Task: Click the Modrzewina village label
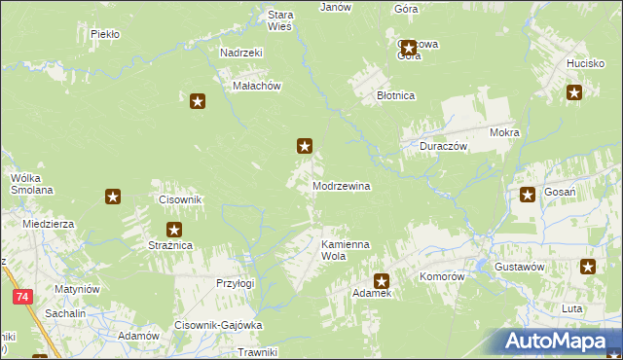pyautogui.click(x=341, y=185)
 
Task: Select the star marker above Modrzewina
pyautogui.click(x=305, y=147)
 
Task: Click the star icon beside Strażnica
pyautogui.click(x=174, y=231)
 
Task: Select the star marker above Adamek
pyautogui.click(x=382, y=281)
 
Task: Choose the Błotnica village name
pyautogui.click(x=396, y=95)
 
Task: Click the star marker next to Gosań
pyautogui.click(x=528, y=194)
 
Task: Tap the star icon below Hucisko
pyautogui.click(x=574, y=93)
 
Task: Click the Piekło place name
pyautogui.click(x=104, y=33)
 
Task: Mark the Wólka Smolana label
pyautogui.click(x=31, y=184)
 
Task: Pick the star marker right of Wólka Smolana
pyautogui.click(x=113, y=198)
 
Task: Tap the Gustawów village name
pyautogui.click(x=519, y=266)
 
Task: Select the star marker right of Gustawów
pyautogui.click(x=588, y=267)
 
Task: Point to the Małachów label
pyautogui.click(x=257, y=86)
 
